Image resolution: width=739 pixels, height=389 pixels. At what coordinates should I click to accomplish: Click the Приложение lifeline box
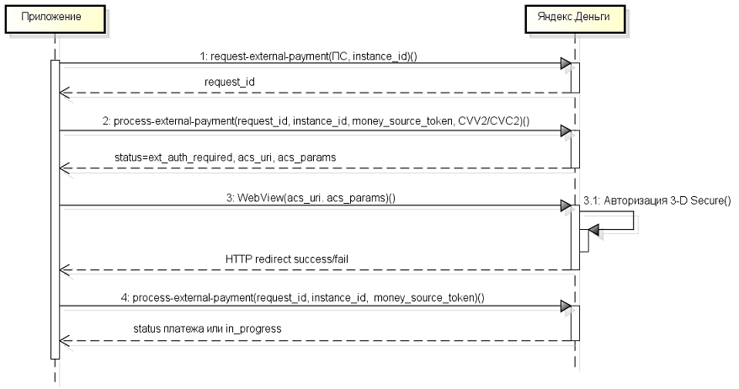56,19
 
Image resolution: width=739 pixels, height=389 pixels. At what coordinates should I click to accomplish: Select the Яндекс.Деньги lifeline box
575,19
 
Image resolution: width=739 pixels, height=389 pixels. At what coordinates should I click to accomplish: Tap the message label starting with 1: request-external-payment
309,56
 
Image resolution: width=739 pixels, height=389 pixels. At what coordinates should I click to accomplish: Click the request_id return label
230,82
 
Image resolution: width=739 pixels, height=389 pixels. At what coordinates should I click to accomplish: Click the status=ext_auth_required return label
226,157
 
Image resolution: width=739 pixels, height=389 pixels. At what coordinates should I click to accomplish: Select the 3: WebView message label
311,198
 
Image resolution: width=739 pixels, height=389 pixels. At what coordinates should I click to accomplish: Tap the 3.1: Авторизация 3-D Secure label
657,200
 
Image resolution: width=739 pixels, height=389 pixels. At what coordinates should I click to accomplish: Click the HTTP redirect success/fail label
287,258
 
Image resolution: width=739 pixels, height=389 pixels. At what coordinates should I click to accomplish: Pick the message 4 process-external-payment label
302,297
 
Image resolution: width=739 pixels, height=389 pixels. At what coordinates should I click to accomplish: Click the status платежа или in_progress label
207,328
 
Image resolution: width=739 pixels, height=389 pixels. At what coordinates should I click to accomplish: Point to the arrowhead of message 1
566,63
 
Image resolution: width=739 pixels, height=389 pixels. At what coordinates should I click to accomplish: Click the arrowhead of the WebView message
566,205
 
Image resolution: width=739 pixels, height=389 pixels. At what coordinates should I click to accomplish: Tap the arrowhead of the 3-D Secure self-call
593,230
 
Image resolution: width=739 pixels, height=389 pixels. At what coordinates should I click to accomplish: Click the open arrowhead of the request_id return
65,93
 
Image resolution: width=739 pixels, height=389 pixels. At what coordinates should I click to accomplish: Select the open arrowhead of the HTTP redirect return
65,269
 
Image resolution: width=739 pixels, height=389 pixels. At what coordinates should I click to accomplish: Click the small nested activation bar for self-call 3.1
584,241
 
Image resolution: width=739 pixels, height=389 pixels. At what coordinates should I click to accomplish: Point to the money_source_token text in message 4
426,297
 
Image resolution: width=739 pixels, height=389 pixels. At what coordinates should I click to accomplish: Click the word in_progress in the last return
253,328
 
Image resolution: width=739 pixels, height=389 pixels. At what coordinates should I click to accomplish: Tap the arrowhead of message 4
566,306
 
